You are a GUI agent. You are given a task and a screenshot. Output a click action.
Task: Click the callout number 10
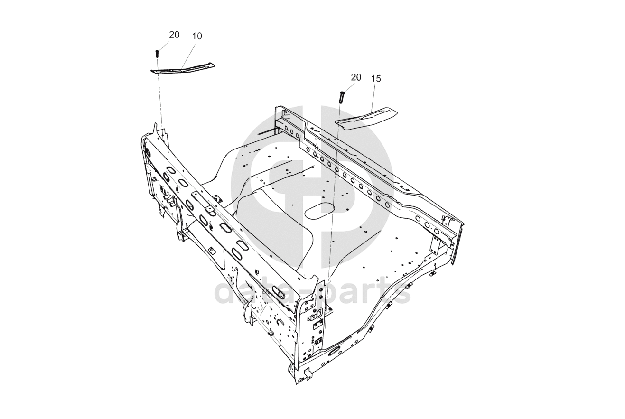click(197, 36)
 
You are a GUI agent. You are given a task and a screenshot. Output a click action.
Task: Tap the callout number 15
click(376, 79)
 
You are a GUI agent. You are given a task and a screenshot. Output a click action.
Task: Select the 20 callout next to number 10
click(174, 35)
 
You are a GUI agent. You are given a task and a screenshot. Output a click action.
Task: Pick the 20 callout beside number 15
click(356, 77)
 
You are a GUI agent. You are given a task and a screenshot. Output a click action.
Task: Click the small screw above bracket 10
click(157, 53)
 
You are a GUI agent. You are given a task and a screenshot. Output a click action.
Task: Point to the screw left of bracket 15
click(341, 97)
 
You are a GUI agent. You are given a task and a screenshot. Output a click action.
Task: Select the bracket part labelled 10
click(183, 69)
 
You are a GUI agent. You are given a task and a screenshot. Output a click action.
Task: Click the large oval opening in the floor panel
click(320, 211)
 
